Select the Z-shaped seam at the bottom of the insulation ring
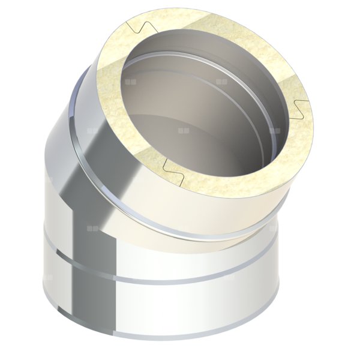tap(174, 163)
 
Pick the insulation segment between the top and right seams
tap(240, 36)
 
